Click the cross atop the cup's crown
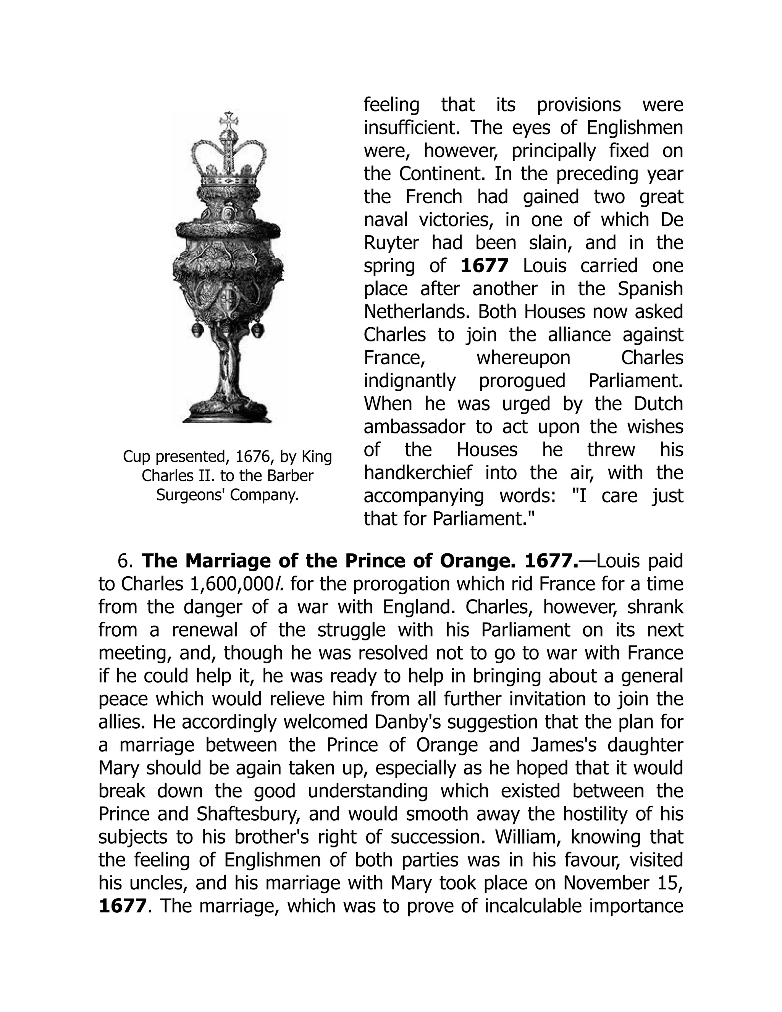point(228,122)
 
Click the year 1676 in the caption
point(250,457)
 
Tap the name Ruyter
point(391,243)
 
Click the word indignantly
point(410,381)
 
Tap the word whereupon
point(523,358)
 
